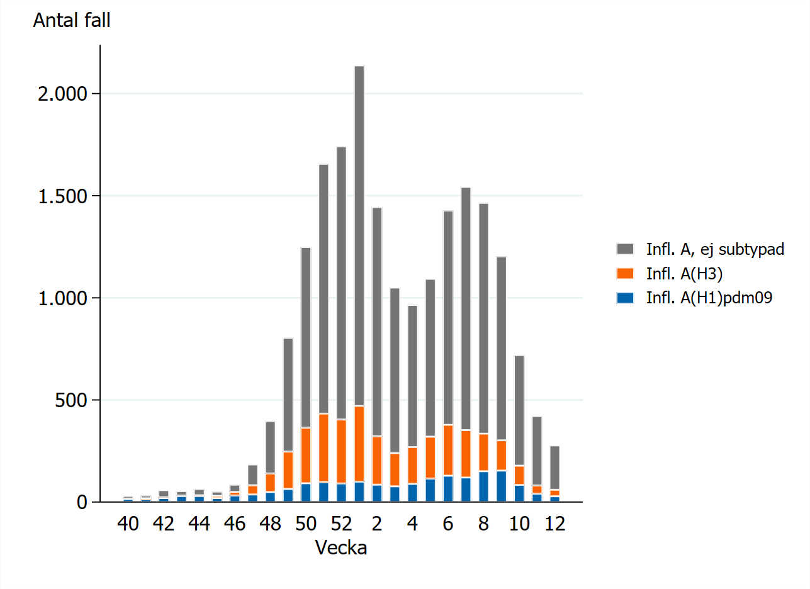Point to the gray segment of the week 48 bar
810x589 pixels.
click(x=271, y=447)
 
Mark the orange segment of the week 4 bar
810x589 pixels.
click(x=413, y=465)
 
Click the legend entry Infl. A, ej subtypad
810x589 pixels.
click(x=715, y=249)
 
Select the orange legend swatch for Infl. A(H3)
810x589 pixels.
click(x=626, y=274)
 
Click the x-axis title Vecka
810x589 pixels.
click(x=341, y=548)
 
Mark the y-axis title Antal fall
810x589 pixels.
click(x=72, y=21)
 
